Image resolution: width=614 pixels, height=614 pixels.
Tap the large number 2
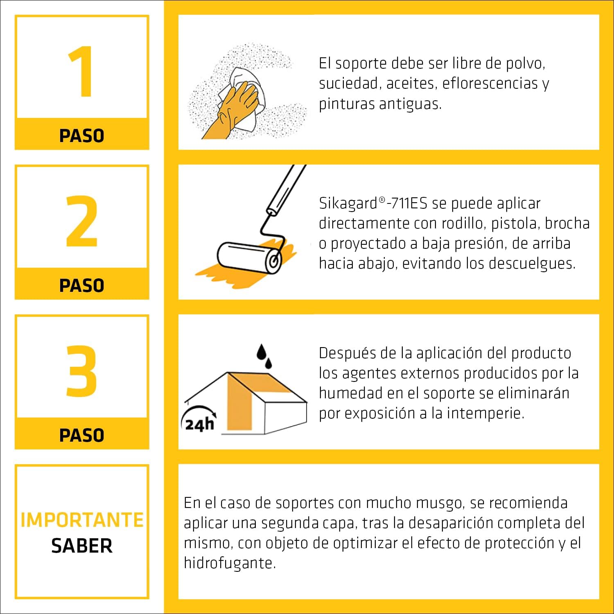click(82, 221)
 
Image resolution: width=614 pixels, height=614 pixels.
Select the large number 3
click(82, 371)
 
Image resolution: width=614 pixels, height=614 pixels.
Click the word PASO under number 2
click(82, 285)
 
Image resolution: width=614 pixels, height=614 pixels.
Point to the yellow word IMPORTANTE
click(82, 520)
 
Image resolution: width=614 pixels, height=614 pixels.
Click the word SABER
click(82, 546)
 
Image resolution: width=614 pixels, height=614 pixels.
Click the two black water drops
click(264, 356)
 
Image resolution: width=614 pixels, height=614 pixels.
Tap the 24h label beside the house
click(199, 424)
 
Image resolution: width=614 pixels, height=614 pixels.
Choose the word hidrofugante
click(230, 563)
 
